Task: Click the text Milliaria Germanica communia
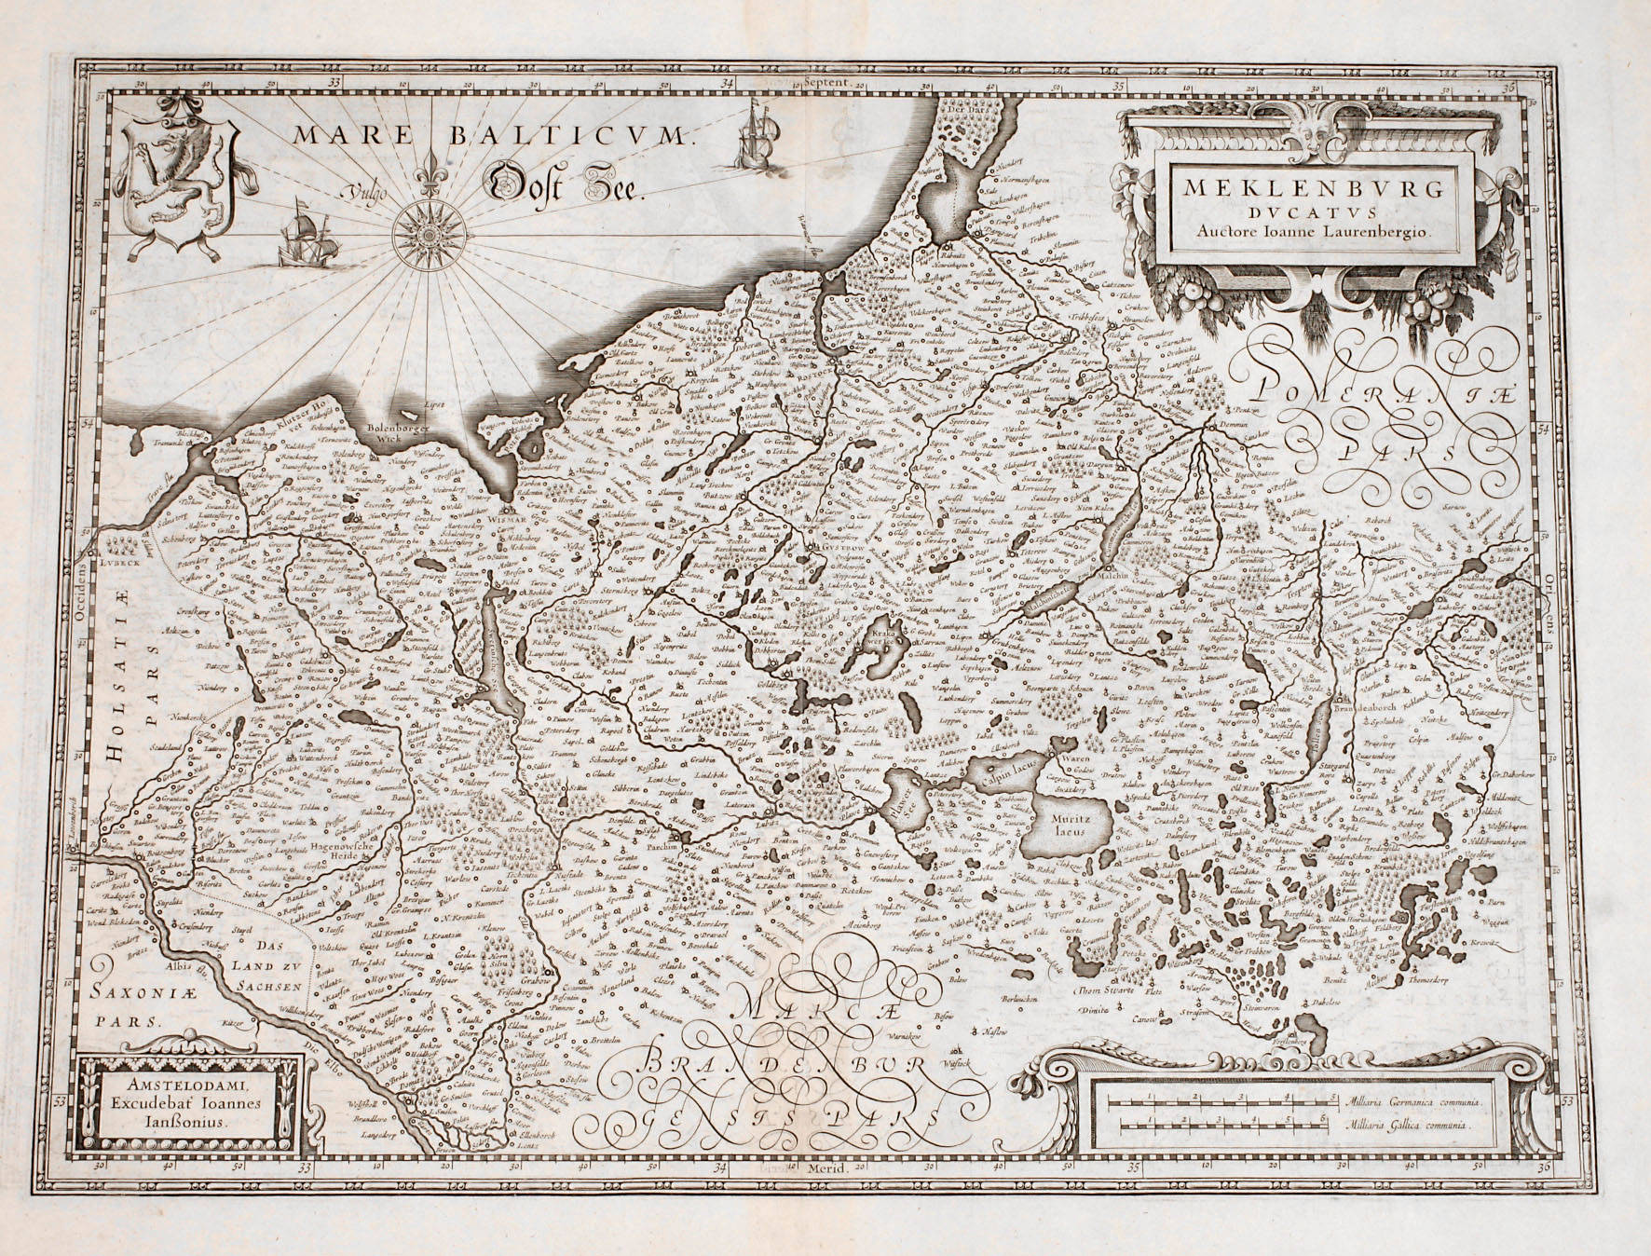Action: pyautogui.click(x=1411, y=1101)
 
